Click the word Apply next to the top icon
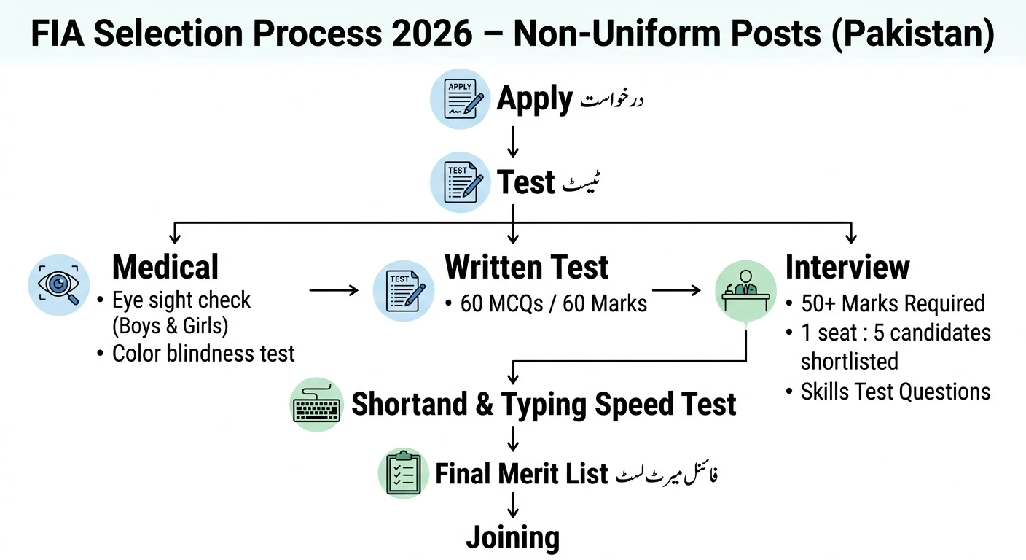click(534, 99)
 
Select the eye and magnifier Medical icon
click(59, 284)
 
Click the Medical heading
click(165, 267)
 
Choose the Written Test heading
click(526, 267)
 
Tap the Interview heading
click(847, 267)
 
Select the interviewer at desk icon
click(745, 289)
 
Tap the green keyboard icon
click(316, 405)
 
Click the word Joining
click(513, 537)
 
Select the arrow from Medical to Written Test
click(334, 290)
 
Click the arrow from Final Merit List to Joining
click(513, 505)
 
